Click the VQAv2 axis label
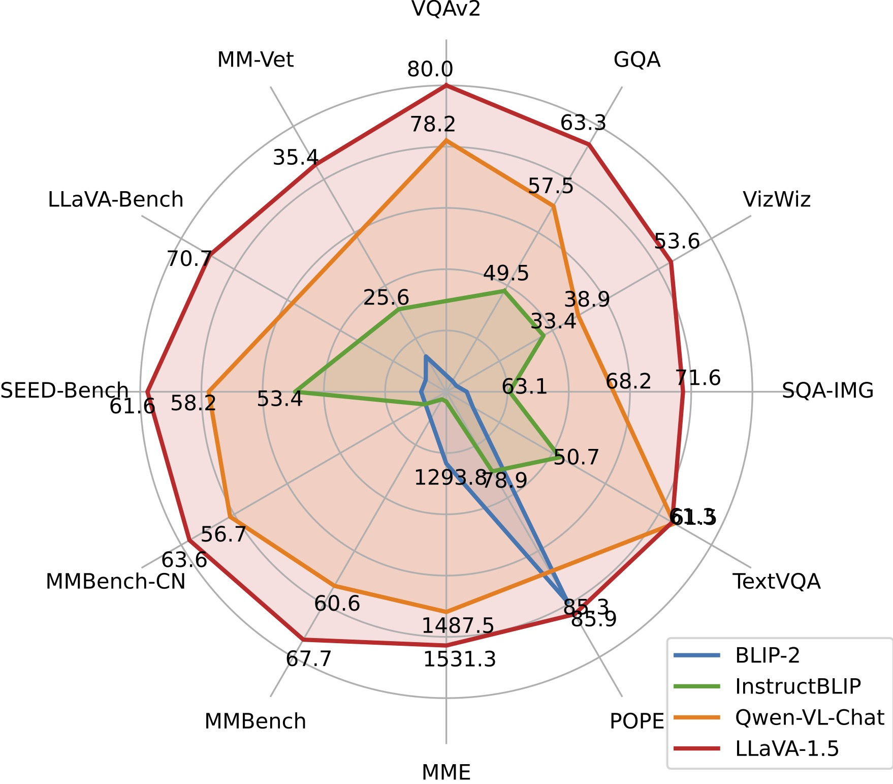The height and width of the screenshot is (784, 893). click(446, 9)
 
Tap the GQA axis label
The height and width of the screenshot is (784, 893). click(637, 60)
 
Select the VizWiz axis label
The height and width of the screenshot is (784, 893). click(777, 200)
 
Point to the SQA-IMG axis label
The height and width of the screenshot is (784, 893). click(827, 390)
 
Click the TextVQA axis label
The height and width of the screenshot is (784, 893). click(776, 581)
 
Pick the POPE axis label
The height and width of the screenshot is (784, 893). click(637, 721)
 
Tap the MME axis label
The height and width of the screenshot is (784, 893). click(446, 772)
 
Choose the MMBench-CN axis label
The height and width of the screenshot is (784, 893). click(116, 582)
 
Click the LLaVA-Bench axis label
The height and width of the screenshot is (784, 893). click(116, 200)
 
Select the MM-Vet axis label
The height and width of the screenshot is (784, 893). click(256, 60)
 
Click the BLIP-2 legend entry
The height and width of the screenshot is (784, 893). click(767, 655)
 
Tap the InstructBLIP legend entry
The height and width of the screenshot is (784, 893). click(798, 686)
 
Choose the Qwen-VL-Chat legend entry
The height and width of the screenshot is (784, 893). click(809, 717)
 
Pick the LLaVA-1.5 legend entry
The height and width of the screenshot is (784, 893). click(787, 748)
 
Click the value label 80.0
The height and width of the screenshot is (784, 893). click(430, 70)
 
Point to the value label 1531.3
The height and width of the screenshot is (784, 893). click(459, 660)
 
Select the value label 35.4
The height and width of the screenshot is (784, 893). click(296, 158)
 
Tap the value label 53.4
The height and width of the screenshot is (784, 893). click(280, 399)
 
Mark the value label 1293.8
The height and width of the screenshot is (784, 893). click(450, 478)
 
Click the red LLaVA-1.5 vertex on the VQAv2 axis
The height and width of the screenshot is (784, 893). click(446, 86)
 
